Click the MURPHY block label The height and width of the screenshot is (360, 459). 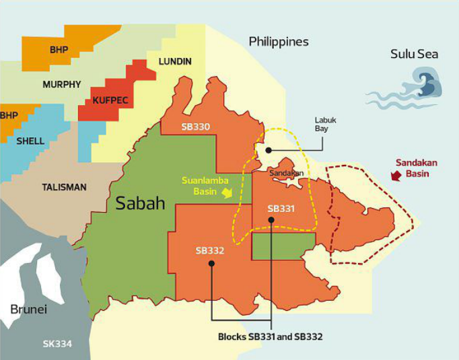(61, 85)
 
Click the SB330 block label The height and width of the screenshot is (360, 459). (195, 127)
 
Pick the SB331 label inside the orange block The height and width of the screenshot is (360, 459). (281, 209)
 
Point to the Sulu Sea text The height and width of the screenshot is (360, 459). (414, 54)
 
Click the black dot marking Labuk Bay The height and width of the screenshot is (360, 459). (267, 150)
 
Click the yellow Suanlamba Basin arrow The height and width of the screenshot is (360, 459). (228, 193)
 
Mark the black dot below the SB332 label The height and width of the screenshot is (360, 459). (211, 264)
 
